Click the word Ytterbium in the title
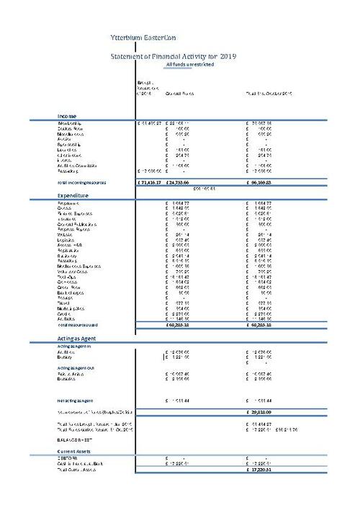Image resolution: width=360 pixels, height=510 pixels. (x=128, y=34)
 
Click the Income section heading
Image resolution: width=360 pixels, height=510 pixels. (x=67, y=116)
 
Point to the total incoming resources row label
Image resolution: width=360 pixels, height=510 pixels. (x=82, y=183)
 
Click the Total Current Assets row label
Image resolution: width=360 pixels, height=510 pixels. (x=81, y=470)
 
